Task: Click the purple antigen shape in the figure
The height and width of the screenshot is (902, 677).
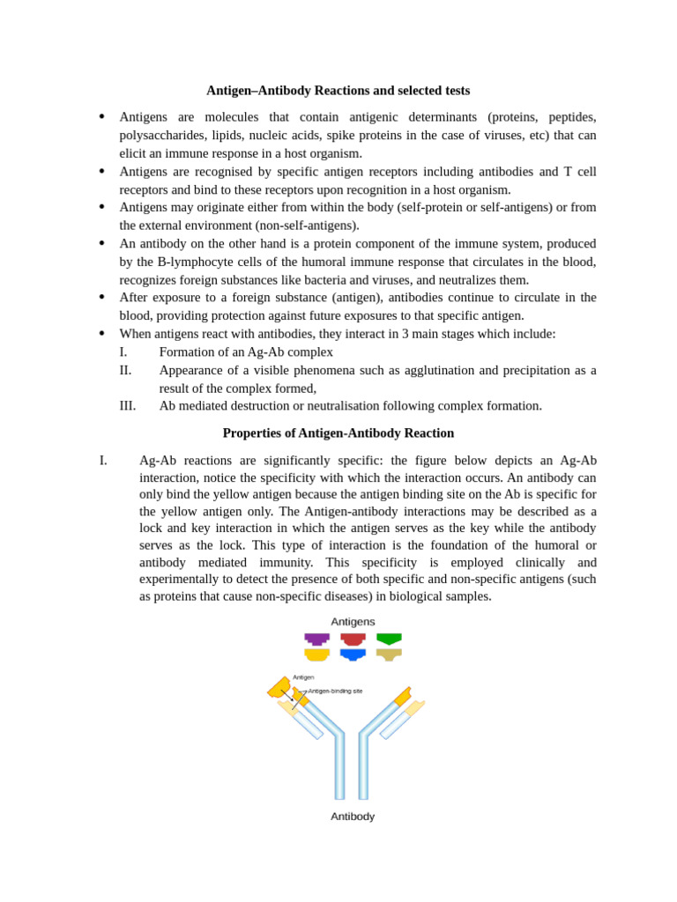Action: point(316,639)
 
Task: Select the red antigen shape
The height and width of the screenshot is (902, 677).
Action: point(353,639)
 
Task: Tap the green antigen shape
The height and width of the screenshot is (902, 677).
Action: point(389,639)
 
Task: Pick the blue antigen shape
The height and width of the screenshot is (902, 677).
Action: point(353,654)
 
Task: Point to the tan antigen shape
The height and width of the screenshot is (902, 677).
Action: point(389,654)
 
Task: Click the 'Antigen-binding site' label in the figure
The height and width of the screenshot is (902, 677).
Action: point(335,691)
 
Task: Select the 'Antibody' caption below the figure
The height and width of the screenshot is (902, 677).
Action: point(353,817)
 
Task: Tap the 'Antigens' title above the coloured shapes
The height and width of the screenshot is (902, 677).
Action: point(353,622)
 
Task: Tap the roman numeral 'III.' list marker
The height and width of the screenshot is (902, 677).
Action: point(128,406)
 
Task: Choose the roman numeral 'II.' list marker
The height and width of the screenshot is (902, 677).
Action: point(125,370)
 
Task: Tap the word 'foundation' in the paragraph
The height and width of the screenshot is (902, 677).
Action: point(460,545)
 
